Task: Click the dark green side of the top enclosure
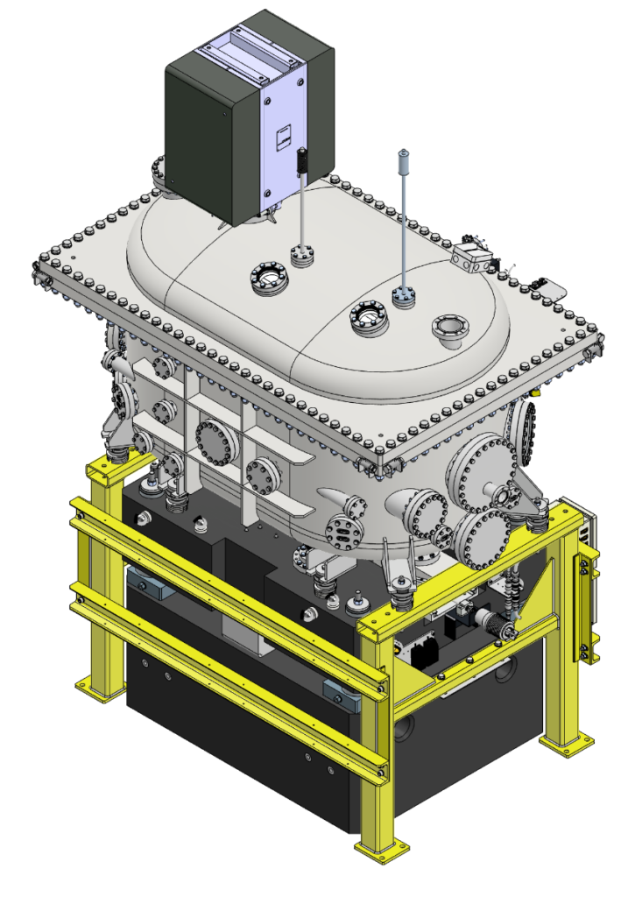(210, 131)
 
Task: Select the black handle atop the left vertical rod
(301, 161)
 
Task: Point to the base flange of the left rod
(302, 255)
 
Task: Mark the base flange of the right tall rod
(404, 296)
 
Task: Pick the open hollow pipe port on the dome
(450, 331)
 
